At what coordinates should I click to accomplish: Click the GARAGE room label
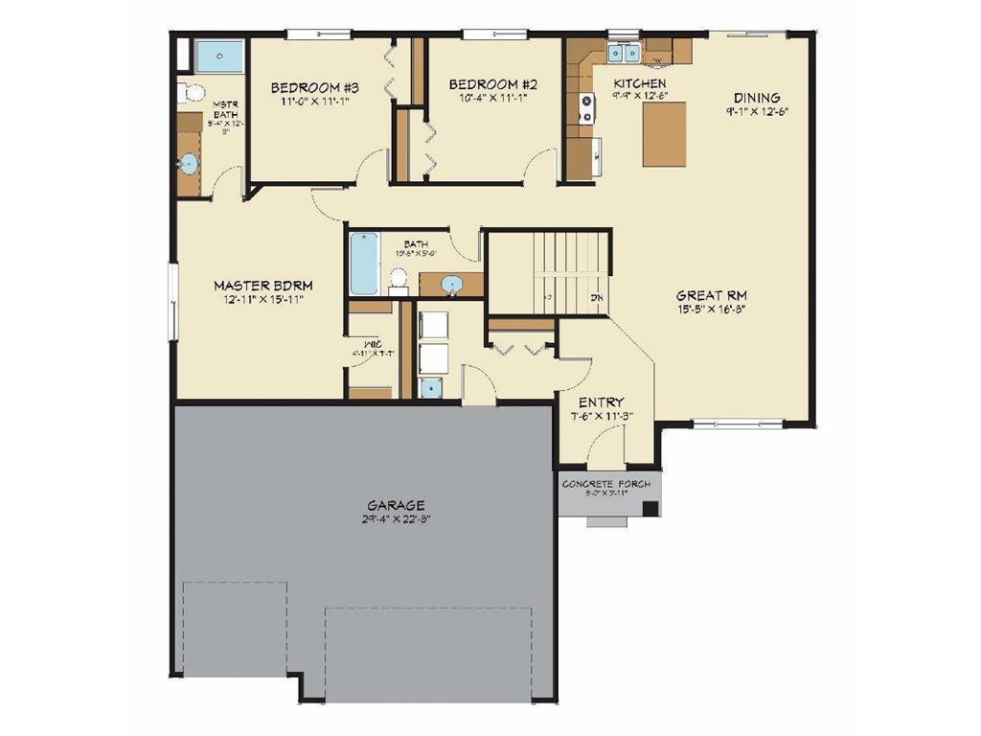396,505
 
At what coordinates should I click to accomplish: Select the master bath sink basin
188,163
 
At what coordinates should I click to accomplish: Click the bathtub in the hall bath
364,264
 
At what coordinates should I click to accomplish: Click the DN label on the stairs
596,298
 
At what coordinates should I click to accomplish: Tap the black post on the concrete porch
650,509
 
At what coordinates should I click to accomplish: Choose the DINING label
757,98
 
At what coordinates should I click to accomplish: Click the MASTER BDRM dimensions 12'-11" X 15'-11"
262,300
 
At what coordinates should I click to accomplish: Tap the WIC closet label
373,343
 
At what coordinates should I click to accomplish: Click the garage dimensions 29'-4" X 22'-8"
396,521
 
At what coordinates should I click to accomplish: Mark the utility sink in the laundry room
430,387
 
